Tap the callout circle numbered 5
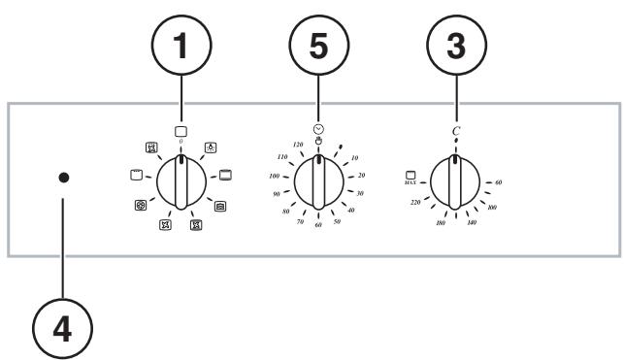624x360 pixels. click(x=318, y=45)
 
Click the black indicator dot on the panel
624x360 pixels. click(x=63, y=180)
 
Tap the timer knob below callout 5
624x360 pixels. click(x=317, y=182)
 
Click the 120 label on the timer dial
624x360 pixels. click(x=298, y=144)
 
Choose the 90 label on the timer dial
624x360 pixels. click(x=277, y=194)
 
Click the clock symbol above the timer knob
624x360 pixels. click(x=318, y=128)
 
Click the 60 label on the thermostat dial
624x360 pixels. click(x=498, y=181)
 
